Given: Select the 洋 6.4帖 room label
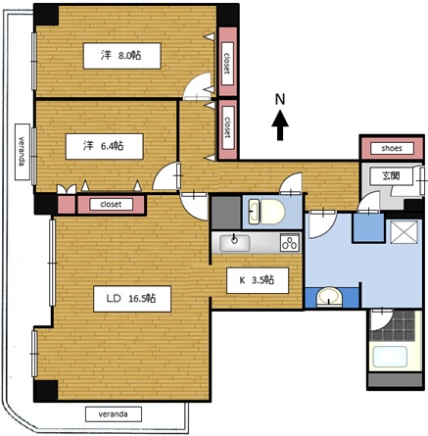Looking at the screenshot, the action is [105, 146].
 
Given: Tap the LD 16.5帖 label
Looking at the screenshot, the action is [132, 299].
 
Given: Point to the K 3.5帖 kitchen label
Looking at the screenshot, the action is [258, 280].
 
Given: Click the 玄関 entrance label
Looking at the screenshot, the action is [391, 176].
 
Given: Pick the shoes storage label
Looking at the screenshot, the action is [392, 149].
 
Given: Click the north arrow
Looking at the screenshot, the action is [280, 125].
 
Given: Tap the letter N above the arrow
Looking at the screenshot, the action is [280, 99].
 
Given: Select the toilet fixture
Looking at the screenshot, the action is [266, 212].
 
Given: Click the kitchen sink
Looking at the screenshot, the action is [235, 243].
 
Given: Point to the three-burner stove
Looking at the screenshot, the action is [290, 243].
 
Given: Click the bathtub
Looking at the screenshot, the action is [390, 357].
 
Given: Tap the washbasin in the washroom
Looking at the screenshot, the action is [330, 297].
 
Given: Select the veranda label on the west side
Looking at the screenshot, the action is [23, 152].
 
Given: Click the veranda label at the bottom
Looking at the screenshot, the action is [114, 414].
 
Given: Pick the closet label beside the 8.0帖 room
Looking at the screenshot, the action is [227, 64].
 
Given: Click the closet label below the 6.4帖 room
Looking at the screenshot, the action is [111, 205].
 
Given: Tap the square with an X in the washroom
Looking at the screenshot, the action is [404, 232].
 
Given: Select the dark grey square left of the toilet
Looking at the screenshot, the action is [226, 213].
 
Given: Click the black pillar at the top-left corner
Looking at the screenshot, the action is [46, 15].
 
